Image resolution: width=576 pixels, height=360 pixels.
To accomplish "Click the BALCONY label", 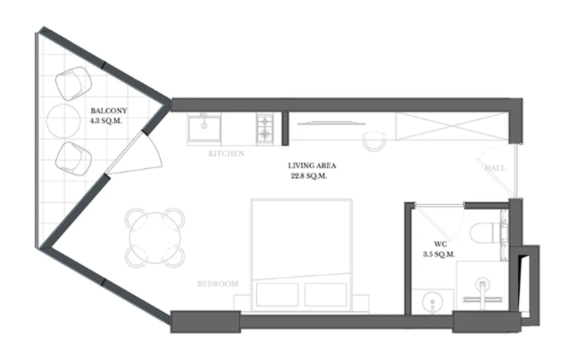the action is tap(109, 111).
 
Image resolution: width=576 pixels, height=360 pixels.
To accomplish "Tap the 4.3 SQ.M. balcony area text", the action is tap(106, 121).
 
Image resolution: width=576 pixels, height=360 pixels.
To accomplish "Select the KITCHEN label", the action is tap(226, 154).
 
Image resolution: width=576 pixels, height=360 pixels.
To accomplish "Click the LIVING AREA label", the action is tap(312, 166).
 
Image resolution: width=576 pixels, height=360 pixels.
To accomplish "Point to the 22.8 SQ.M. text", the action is tap(309, 176).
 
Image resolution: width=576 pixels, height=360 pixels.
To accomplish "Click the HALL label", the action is tap(495, 168).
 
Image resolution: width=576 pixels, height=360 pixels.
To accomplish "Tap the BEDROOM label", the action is tap(218, 284).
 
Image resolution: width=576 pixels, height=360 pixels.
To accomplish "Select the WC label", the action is tap(440, 244).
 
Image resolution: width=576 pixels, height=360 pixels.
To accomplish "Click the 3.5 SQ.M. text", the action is tap(439, 254).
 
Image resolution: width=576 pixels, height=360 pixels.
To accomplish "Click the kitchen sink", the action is tap(204, 128).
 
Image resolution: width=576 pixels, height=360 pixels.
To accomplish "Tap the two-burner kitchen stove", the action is tap(265, 129).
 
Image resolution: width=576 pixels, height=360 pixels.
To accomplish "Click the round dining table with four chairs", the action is tap(155, 238).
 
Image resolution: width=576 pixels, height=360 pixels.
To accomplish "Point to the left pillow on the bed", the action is tap(277, 294).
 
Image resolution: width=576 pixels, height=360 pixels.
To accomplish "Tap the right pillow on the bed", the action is tap(326, 294).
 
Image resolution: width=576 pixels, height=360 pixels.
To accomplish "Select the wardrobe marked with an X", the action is tap(452, 127).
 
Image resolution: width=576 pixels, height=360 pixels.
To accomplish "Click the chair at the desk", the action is tap(374, 141).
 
